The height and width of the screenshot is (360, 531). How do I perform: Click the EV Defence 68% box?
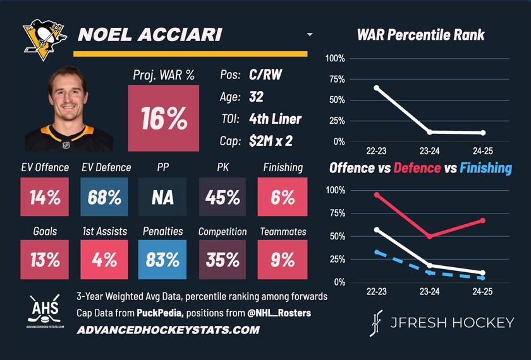coord(104,197)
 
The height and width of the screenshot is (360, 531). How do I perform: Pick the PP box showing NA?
coord(163,197)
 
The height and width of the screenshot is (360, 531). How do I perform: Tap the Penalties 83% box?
coord(163,260)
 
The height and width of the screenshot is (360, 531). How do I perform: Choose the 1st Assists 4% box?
coord(104,260)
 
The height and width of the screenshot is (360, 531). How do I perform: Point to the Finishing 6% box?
coord(283,197)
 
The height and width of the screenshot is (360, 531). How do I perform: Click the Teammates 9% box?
coord(283,260)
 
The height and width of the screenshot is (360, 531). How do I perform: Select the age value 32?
coord(256,97)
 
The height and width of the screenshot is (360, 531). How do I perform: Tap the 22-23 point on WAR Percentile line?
coord(376,88)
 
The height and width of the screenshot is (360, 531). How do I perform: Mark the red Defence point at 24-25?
coord(482,220)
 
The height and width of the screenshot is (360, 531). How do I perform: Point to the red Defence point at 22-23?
coord(376,195)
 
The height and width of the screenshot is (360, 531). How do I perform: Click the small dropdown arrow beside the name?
coord(309,35)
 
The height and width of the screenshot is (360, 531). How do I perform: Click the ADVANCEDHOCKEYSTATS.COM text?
coord(168,330)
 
